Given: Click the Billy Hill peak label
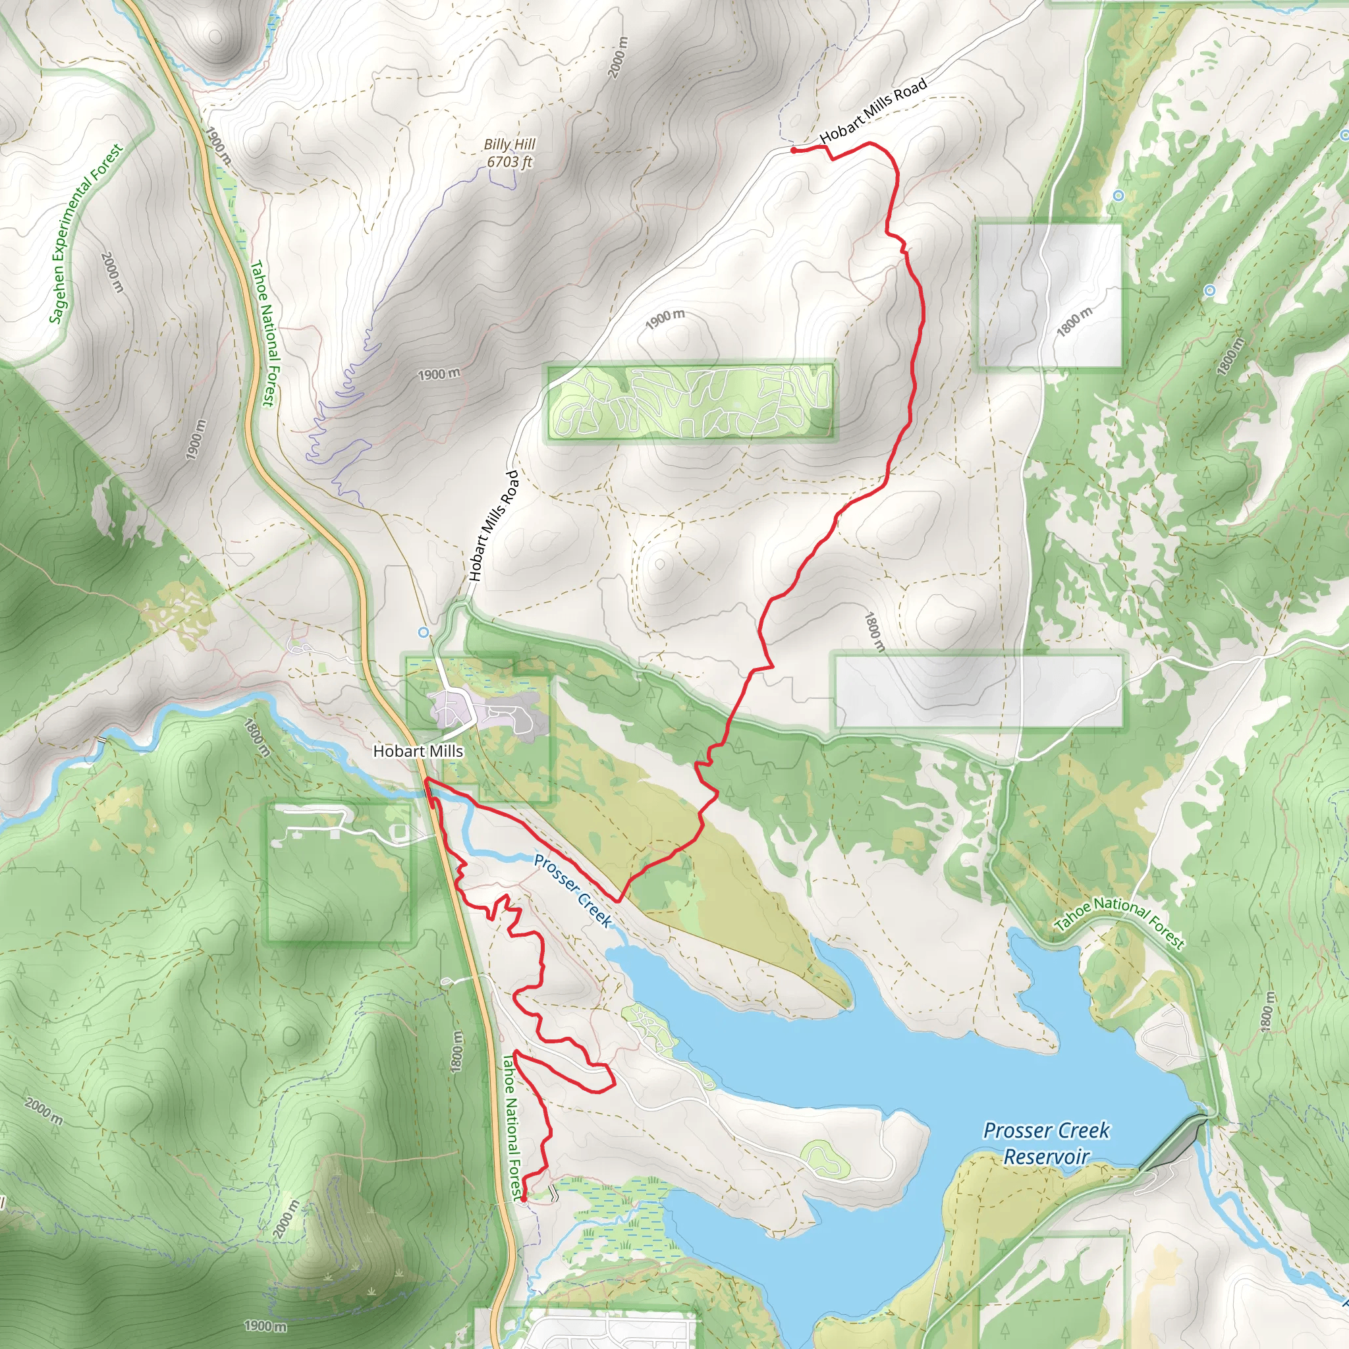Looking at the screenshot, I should click(510, 144).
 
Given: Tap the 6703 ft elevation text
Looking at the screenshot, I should click(510, 161).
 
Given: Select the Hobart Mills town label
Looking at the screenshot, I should click(418, 751).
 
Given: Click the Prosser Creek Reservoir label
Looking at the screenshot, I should click(1046, 1143).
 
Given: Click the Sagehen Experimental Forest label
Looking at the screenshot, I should click(86, 233).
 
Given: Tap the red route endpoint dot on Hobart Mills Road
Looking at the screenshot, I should click(793, 150).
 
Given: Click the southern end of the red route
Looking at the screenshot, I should click(523, 1199).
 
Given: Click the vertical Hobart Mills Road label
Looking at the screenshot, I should click(493, 525).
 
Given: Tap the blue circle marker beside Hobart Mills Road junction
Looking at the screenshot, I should click(423, 632).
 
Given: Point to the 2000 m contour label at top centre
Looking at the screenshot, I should click(618, 57).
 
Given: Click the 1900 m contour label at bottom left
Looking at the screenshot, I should click(265, 1325).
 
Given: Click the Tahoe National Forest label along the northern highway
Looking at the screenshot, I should click(265, 333).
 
